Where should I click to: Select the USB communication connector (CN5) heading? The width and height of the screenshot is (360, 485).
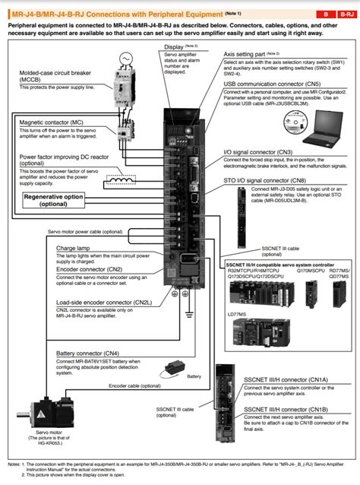[271, 84]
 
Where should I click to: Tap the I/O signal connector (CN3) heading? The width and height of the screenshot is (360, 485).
[259, 152]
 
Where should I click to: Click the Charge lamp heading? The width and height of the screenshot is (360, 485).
[73, 247]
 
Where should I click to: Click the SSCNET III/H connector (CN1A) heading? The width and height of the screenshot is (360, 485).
[286, 379]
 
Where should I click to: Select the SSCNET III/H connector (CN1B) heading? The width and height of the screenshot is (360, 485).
[286, 408]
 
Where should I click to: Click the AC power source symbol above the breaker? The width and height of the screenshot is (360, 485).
[125, 59]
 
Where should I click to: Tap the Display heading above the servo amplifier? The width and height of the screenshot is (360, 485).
[178, 47]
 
